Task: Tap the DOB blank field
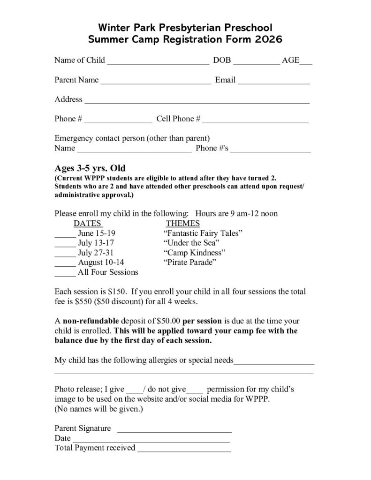coord(256,61)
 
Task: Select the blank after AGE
coord(306,61)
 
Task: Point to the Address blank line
coord(197,101)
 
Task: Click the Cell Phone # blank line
coord(256,120)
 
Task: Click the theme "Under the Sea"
coord(191,243)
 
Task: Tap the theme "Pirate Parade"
coord(189,262)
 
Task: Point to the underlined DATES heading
coord(88,224)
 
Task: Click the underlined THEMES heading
coord(183,224)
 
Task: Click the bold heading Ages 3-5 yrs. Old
coord(90,168)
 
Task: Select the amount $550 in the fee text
coord(84,301)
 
